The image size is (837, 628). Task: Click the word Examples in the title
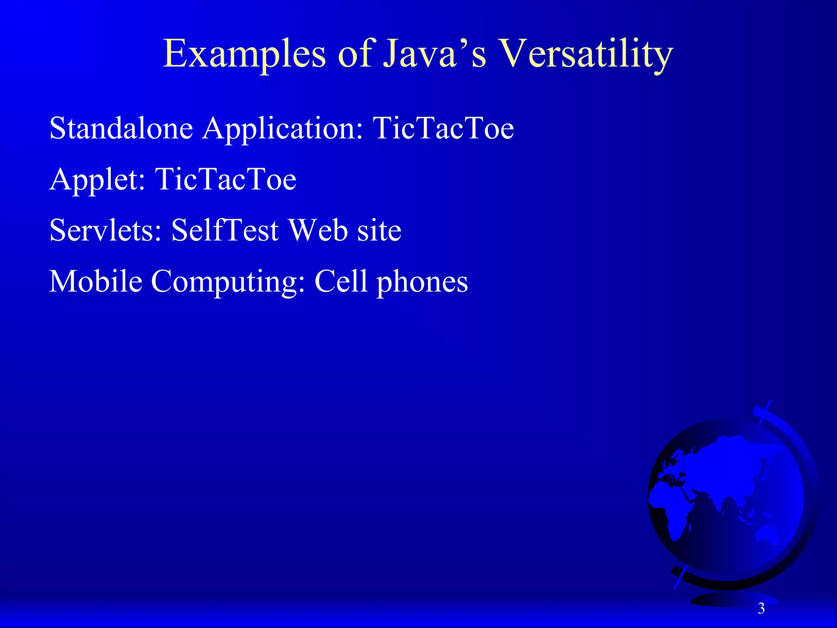(244, 54)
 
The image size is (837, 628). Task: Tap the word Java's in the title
(435, 54)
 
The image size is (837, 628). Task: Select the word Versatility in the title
(586, 54)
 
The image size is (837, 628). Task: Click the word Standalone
(121, 128)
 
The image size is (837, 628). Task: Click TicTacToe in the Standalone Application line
(443, 128)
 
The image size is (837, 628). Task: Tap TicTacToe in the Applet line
(226, 179)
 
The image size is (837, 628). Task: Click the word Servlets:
(105, 230)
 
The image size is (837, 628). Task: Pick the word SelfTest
(225, 230)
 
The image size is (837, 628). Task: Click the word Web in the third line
(318, 230)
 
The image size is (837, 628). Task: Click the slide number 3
(761, 609)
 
